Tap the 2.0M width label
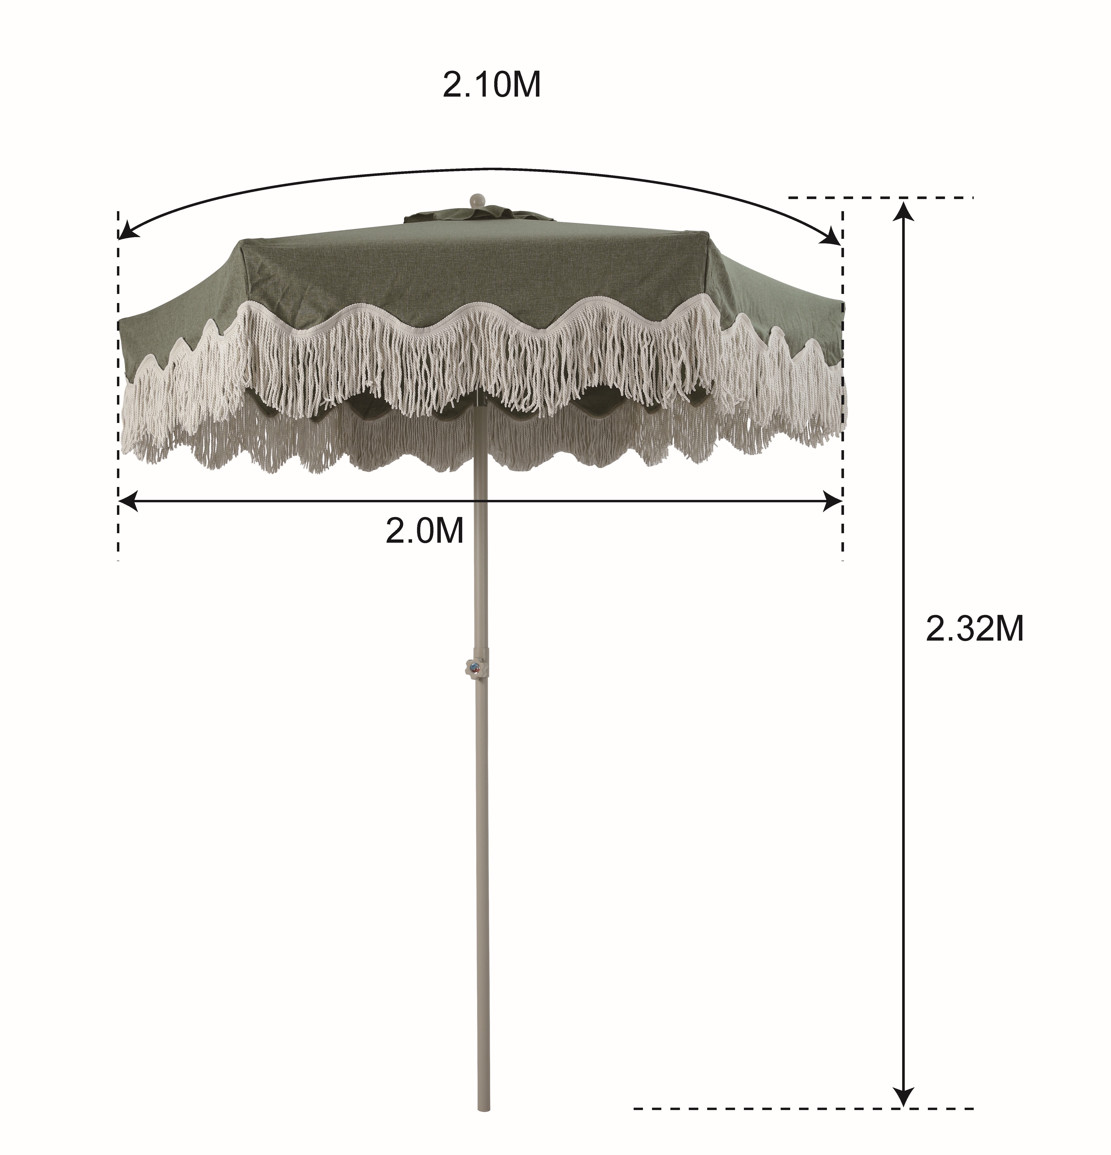(x=424, y=531)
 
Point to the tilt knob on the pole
(x=474, y=668)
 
